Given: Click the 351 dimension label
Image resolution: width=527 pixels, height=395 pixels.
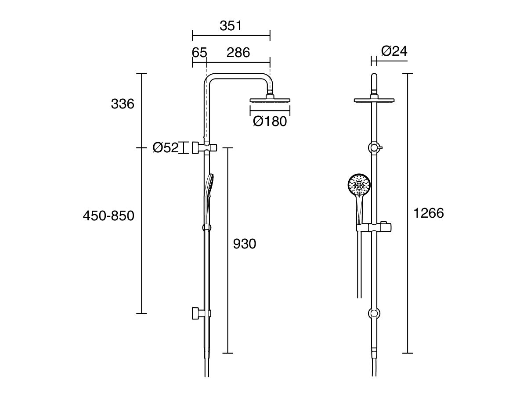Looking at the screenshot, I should coord(231,26).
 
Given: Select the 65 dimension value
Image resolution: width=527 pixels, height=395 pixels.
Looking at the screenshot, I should coord(199,53).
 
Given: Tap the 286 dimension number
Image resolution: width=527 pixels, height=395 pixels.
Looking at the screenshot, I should coord(238,53).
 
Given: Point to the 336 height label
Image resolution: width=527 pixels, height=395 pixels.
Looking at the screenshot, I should coord(122,104).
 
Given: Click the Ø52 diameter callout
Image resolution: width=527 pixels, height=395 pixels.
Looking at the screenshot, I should coord(166,148).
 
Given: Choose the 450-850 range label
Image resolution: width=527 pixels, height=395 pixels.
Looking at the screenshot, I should coord(108,215).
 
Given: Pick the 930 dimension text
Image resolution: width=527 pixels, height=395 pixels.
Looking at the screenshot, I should coord(244,244).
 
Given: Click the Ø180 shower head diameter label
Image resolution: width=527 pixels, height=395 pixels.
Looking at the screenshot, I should coord(270,121).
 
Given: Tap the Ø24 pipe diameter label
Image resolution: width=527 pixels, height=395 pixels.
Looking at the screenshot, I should coord(394,51).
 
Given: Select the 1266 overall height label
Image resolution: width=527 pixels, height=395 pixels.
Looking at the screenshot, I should coord(429,213).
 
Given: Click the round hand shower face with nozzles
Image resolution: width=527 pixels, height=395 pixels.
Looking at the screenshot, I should coord(359,185).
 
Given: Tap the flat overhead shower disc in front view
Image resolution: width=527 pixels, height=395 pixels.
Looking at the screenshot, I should coord(374,100).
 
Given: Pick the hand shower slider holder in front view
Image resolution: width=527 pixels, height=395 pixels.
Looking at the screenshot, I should coord(373,227).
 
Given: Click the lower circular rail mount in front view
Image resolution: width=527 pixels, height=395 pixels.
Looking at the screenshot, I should coord(374,313).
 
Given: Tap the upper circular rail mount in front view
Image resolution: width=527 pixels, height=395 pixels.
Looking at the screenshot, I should coord(374,148).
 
